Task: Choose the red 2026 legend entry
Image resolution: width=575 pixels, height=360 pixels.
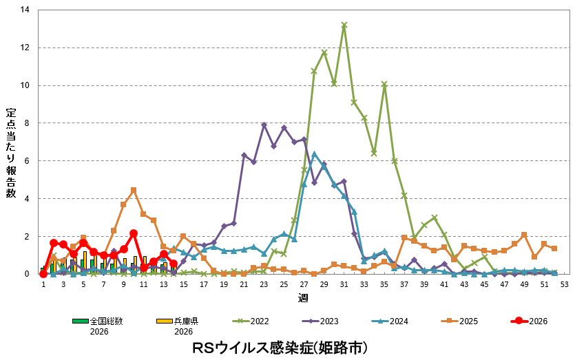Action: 530,321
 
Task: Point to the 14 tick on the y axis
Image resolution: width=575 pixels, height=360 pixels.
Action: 25,10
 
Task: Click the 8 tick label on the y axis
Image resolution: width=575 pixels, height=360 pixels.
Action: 28,123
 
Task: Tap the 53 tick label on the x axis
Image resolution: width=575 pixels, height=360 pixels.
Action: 564,284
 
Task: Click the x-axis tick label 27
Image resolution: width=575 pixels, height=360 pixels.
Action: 304,284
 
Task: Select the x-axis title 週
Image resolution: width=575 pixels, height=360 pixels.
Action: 303,297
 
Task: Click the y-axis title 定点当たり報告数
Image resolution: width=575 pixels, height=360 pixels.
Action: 11,153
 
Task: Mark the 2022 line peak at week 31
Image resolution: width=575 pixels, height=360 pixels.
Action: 344,25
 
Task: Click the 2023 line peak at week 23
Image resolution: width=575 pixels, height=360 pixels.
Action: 264,125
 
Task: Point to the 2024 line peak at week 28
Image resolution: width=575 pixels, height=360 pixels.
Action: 314,154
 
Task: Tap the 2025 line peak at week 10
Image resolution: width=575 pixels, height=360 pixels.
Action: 134,190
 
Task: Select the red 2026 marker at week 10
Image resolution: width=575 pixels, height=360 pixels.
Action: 134,233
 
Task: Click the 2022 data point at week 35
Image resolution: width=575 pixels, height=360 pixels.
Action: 384,85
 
